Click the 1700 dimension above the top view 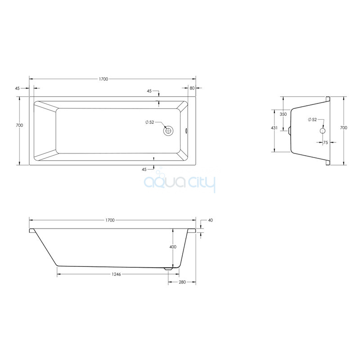tap(103, 79)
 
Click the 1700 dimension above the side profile tap(110, 220)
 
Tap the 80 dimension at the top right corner tap(192, 88)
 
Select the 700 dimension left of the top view tap(19, 126)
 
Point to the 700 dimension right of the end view tap(343, 128)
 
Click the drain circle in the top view tap(168, 131)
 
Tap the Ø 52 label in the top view tap(150, 122)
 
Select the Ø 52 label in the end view tap(312, 120)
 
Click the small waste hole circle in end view tap(323, 131)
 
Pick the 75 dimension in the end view tap(325, 143)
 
